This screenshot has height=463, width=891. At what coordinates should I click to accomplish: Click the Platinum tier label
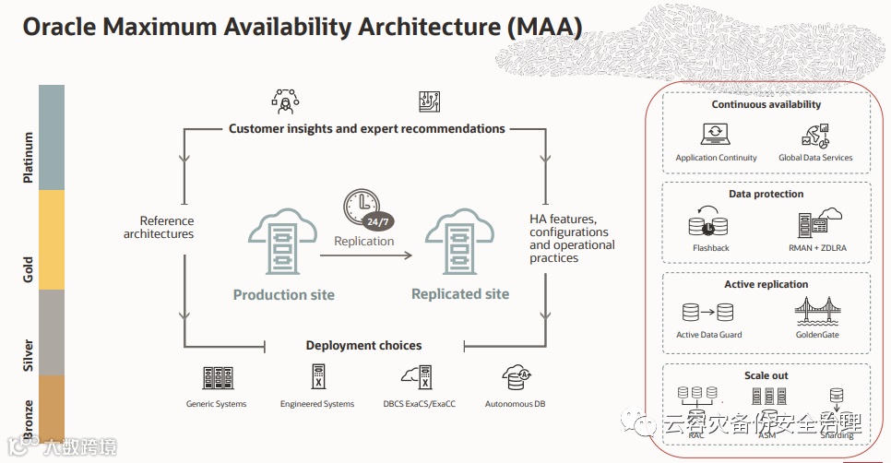point(29,157)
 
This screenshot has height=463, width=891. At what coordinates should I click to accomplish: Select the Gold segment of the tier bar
point(51,240)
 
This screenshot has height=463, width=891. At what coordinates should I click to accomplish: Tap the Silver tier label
point(29,356)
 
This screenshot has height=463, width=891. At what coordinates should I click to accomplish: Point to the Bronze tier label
point(29,419)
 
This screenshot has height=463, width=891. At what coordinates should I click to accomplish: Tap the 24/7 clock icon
point(366,208)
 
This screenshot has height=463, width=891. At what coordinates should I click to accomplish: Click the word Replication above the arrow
point(363,241)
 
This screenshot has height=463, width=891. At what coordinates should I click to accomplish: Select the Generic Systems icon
point(216,378)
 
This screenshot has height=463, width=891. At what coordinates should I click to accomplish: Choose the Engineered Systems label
point(317,404)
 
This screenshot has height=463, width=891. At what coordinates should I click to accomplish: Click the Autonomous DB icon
point(516,377)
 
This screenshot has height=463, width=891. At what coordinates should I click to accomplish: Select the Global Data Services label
point(815,158)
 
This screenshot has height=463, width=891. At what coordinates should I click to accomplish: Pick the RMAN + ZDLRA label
point(816,247)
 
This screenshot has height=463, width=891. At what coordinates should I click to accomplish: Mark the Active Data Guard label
point(709,335)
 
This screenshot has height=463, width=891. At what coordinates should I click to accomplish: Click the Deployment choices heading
point(363,346)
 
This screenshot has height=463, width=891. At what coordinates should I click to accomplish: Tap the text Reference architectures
point(159,227)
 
